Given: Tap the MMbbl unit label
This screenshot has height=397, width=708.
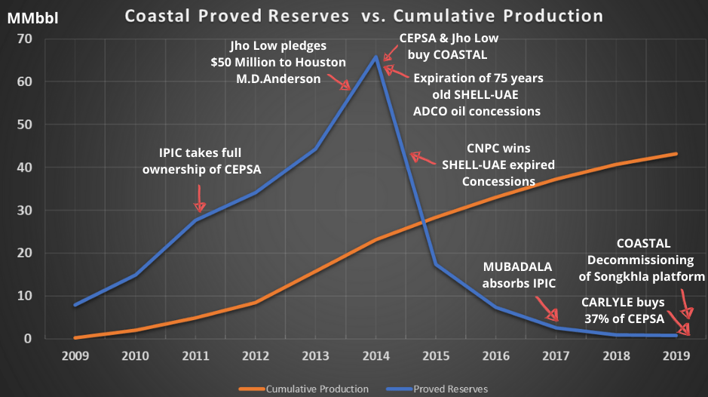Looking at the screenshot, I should [29, 17].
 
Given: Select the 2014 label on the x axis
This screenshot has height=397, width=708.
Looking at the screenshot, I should [375, 355].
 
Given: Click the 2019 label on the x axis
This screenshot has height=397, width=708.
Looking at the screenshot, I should [676, 355].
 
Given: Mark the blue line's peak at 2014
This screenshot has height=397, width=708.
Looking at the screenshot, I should [375, 57].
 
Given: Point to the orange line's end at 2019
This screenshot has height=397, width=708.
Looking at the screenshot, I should [676, 154].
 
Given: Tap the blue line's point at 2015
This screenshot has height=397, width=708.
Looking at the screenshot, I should [434, 264].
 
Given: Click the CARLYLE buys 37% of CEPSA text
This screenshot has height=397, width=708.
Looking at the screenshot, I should [623, 310].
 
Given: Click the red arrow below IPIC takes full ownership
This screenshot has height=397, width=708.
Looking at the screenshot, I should [200, 200].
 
